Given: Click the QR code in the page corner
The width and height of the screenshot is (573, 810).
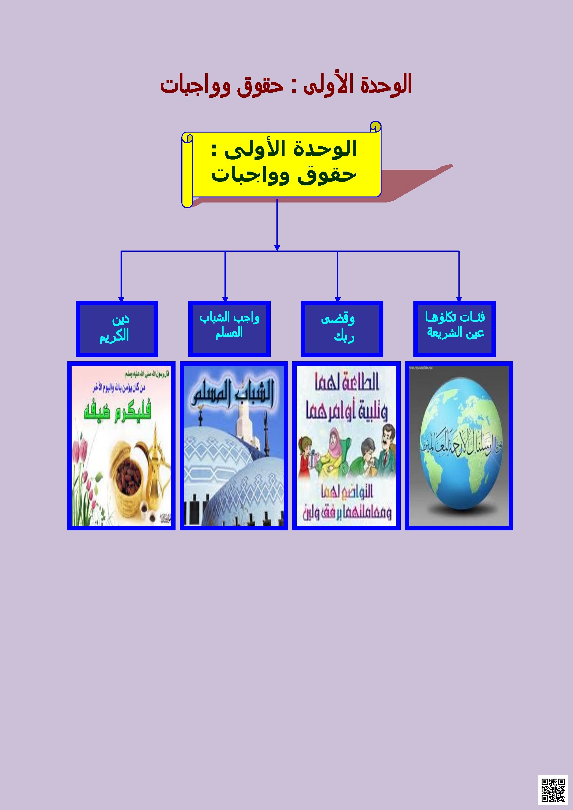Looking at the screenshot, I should tap(552, 789).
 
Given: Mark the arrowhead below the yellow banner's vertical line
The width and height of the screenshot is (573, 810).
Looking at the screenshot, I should tap(277, 248).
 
